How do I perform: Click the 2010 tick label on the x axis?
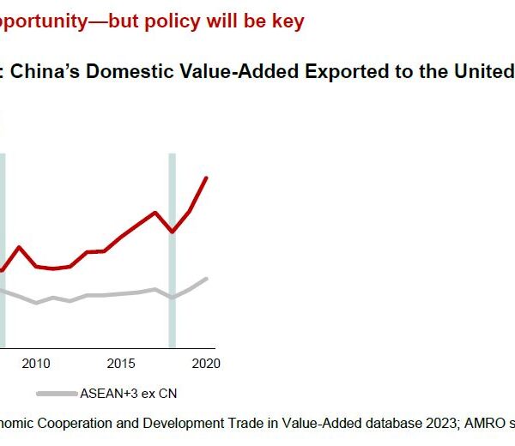click(36, 364)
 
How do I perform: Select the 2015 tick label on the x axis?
click(121, 364)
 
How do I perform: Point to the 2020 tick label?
click(206, 364)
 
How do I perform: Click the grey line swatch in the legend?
click(57, 394)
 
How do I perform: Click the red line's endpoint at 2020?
click(206, 178)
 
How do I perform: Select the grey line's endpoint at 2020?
click(206, 279)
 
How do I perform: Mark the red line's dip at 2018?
click(173, 232)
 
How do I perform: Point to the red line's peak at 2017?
click(155, 212)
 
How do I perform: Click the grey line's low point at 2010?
click(36, 303)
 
